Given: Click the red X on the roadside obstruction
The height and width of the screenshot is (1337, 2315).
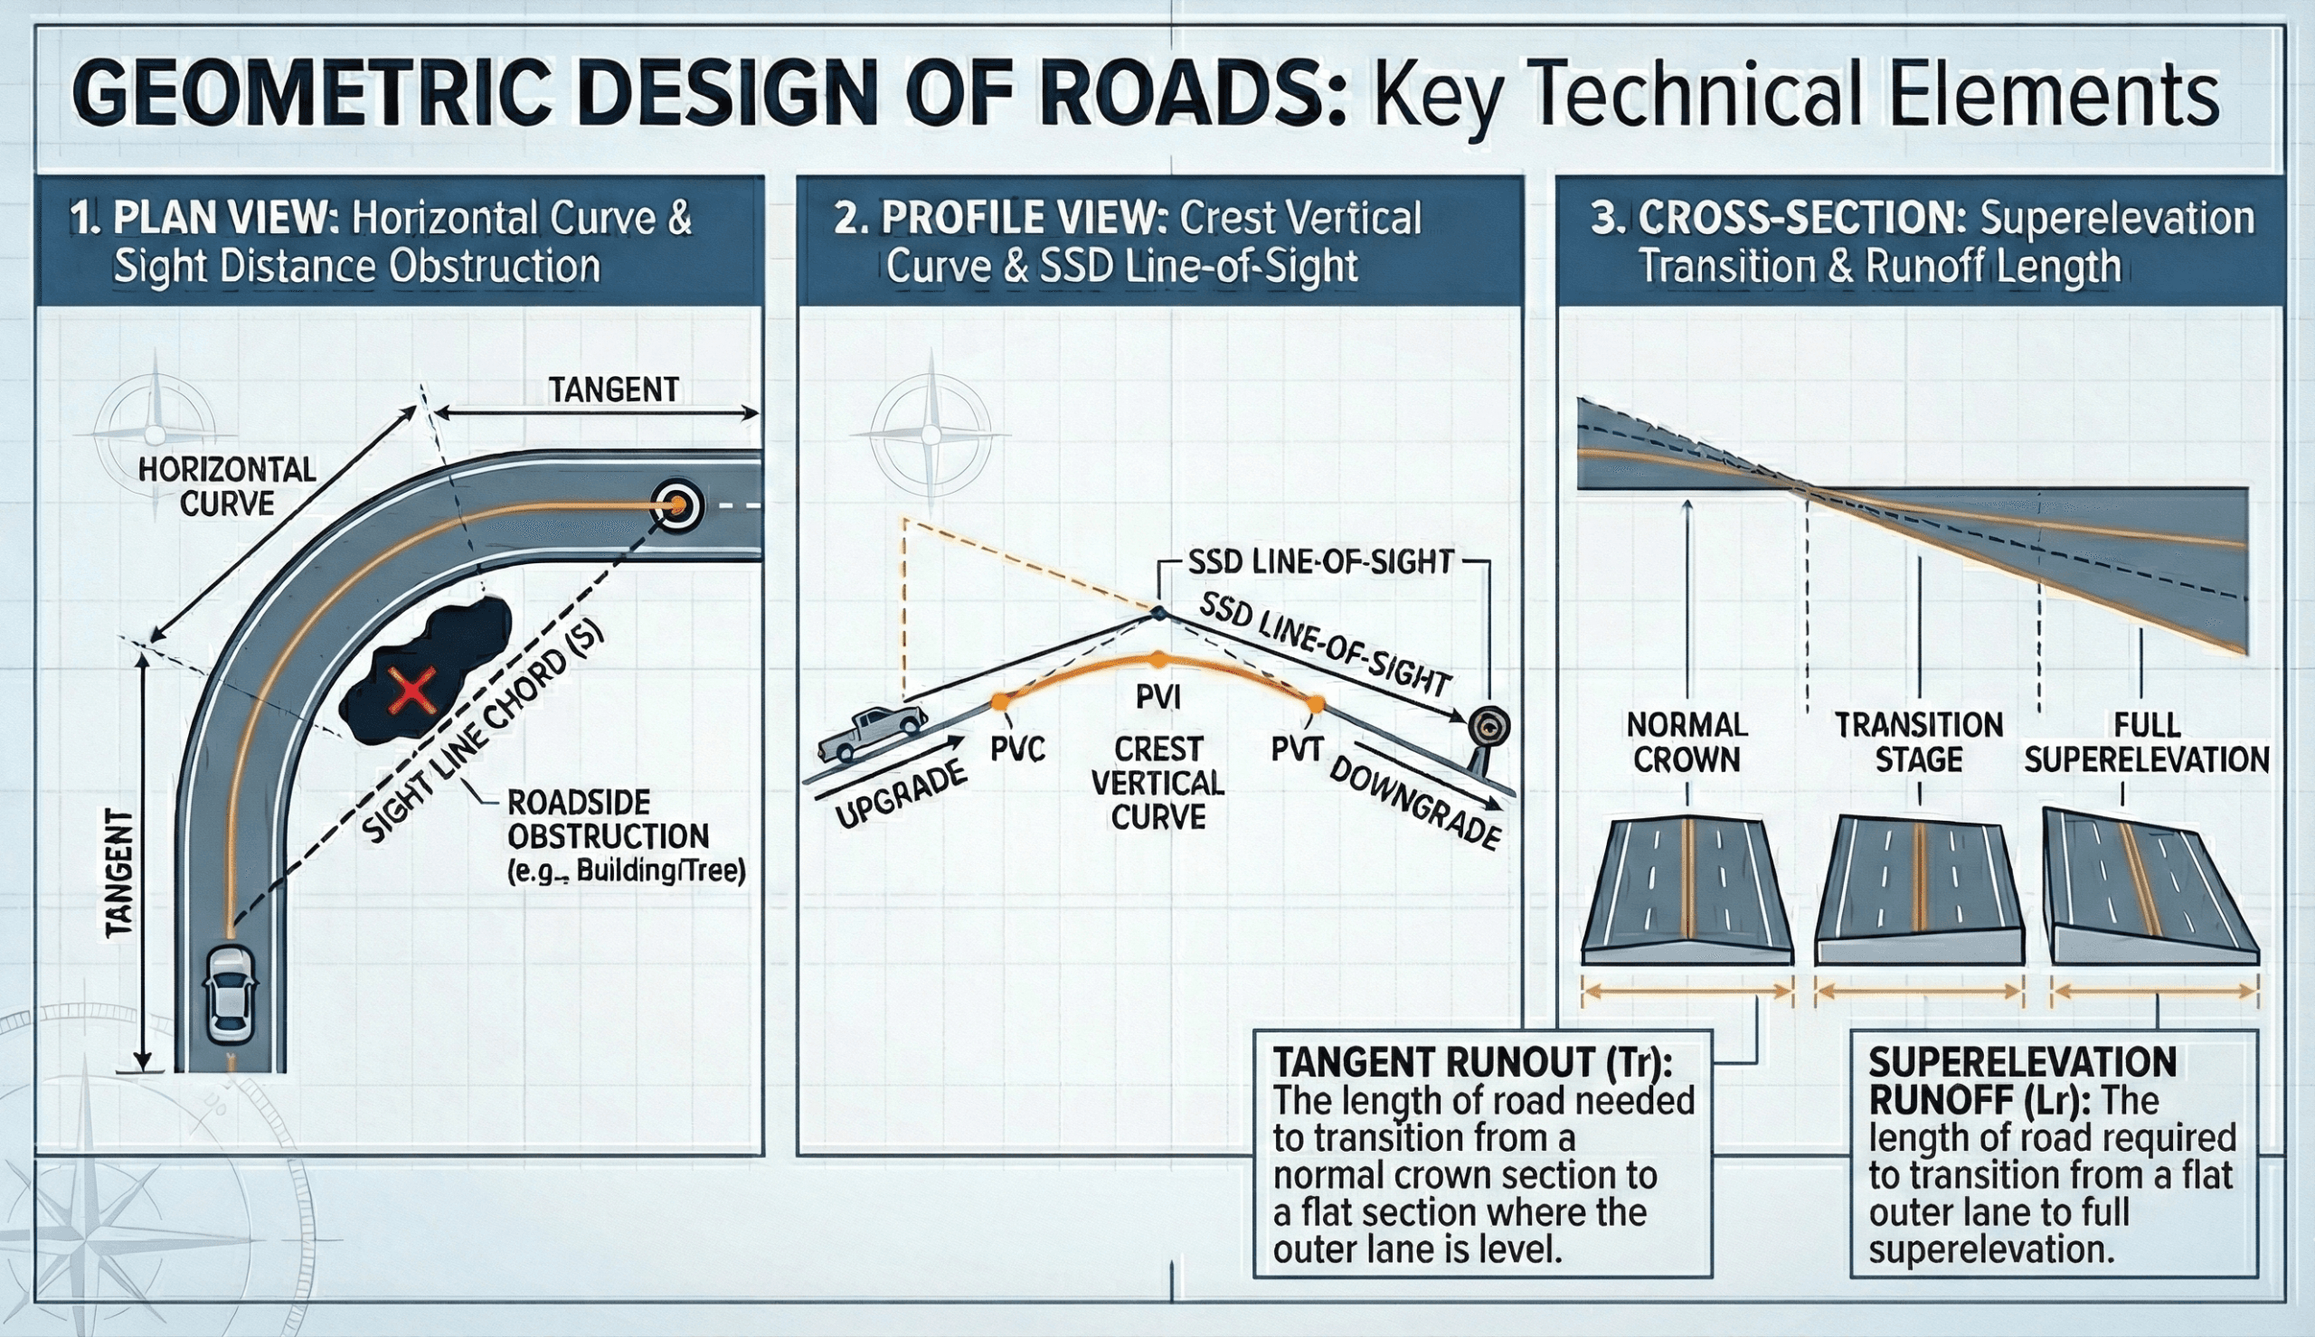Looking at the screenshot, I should [411, 692].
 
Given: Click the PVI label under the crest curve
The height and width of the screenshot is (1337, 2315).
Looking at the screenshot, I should [1158, 698].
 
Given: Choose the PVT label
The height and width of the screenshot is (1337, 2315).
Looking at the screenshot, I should [1297, 749].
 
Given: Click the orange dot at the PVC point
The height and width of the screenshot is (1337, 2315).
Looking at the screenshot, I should [1000, 701].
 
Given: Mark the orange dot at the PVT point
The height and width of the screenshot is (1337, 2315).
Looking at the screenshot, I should [1316, 704].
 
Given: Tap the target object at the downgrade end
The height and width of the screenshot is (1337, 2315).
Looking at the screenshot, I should [1488, 729].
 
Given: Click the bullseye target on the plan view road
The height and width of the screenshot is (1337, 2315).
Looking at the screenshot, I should [677, 504].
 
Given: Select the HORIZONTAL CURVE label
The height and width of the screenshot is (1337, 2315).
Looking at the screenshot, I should [227, 486].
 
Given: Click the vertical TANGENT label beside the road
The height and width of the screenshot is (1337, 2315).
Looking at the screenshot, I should [120, 873].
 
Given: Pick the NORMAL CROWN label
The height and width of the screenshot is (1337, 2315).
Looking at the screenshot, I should [1687, 742].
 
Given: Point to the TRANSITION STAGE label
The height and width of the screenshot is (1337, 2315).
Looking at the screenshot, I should [1918, 742].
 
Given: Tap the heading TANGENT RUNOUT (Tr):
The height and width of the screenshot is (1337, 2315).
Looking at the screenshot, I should [1472, 1062].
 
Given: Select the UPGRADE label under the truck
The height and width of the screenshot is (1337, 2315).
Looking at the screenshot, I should [901, 796].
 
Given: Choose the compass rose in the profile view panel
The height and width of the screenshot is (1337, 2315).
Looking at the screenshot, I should [931, 433].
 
